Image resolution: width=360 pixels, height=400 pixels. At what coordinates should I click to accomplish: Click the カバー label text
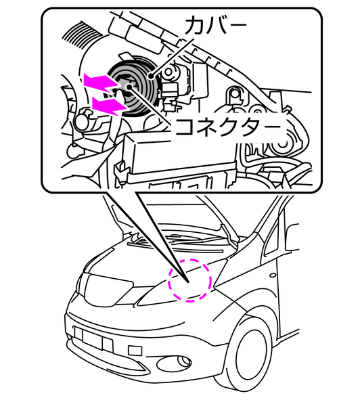click(216, 26)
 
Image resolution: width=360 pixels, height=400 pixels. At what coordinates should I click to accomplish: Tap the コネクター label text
click(228, 127)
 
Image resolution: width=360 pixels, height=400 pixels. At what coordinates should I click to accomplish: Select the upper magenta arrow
click(102, 83)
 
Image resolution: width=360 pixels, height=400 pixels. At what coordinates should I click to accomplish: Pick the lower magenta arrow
click(109, 105)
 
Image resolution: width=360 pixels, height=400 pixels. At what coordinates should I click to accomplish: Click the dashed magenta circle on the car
click(189, 280)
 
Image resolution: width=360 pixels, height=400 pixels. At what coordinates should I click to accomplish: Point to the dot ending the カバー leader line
click(151, 76)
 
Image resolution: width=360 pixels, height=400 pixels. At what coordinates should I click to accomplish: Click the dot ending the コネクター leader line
click(130, 87)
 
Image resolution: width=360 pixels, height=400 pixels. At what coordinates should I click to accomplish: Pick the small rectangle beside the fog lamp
click(135, 350)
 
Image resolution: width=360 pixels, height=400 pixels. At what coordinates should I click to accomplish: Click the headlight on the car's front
click(106, 288)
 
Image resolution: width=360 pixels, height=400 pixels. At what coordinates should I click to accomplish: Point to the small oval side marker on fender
click(273, 275)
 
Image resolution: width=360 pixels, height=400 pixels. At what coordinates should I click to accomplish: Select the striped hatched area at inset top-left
click(82, 35)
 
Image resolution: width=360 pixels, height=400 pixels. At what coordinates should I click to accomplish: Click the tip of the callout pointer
click(188, 282)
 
